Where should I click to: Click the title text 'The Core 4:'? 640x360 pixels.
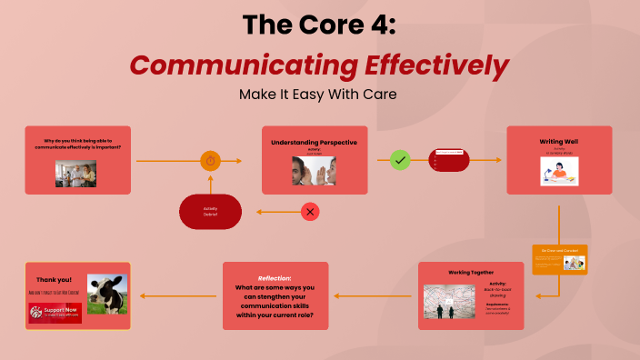pyautogui.click(x=319, y=25)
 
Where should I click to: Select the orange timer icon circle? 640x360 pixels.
pyautogui.click(x=211, y=161)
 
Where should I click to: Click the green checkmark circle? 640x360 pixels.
pyautogui.click(x=400, y=161)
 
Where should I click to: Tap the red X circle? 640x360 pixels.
pyautogui.click(x=311, y=212)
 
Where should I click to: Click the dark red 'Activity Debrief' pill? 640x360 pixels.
pyautogui.click(x=211, y=212)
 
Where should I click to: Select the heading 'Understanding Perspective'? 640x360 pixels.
pyautogui.click(x=315, y=143)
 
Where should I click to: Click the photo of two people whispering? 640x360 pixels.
pyautogui.click(x=315, y=170)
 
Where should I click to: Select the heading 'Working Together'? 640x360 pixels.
pyautogui.click(x=471, y=272)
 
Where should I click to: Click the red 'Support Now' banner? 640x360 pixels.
pyautogui.click(x=55, y=314)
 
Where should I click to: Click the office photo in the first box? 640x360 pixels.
pyautogui.click(x=75, y=173)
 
